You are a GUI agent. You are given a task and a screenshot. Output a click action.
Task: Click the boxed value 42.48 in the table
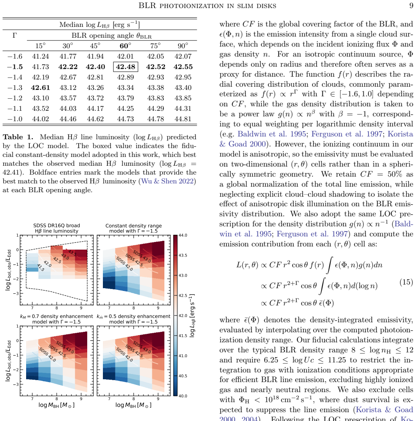[x=125, y=67]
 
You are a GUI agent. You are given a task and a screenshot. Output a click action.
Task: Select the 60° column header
[x=125, y=46]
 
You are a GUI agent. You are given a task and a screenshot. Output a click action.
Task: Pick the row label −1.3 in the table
[x=15, y=88]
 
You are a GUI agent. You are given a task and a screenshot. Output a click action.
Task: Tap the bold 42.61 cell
[x=40, y=88]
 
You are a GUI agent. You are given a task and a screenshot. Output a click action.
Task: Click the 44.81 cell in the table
[x=183, y=119]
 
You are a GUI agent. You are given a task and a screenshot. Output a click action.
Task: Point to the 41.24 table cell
[x=41, y=56]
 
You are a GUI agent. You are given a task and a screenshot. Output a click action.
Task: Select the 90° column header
[x=183, y=46]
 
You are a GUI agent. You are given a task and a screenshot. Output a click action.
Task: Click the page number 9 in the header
[x=411, y=6]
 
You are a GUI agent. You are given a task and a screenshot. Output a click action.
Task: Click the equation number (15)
[x=406, y=282]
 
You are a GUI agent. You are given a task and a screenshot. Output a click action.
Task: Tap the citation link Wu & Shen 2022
[x=167, y=181]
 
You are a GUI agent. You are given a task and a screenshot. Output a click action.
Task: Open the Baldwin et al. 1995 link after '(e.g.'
[x=272, y=134]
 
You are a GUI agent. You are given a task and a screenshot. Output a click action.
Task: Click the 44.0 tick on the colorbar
[x=183, y=236]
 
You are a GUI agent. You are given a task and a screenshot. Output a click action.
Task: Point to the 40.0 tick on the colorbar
[x=183, y=396]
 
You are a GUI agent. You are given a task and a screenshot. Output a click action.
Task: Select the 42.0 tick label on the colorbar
[x=183, y=315]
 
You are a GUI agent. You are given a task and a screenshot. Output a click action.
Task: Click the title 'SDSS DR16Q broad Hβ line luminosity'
[x=56, y=228]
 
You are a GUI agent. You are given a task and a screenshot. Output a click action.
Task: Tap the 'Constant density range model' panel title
[x=133, y=228]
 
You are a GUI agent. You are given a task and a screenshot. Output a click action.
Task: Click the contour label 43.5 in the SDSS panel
[x=72, y=253]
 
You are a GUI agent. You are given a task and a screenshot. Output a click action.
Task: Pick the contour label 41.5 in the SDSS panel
[x=41, y=268]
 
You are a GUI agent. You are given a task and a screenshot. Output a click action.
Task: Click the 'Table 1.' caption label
[x=18, y=137]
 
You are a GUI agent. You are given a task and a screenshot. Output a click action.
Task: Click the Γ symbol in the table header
[x=15, y=35]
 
